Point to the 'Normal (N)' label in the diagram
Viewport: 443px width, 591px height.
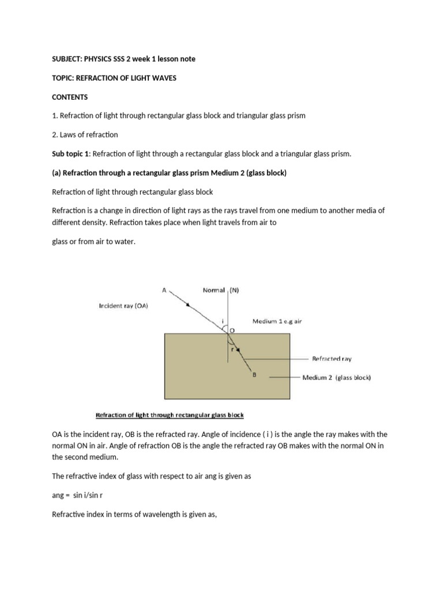[x=221, y=291]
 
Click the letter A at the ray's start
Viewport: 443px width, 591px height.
[x=164, y=291]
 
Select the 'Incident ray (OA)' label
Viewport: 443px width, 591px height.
[x=124, y=306]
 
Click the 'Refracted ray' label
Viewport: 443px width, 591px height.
[x=331, y=358]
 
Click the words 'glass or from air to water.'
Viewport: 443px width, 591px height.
[x=93, y=242]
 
